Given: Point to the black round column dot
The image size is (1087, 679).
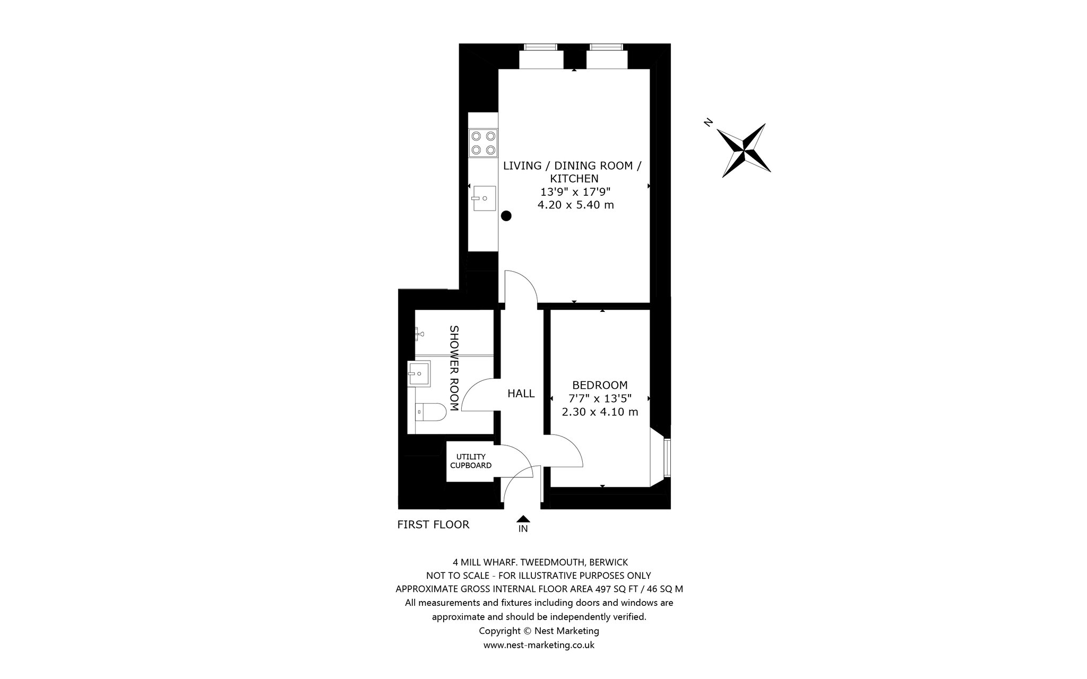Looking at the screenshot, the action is (506, 215).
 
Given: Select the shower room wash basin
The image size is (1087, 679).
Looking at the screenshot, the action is (420, 374).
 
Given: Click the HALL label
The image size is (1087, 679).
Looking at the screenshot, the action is (521, 394).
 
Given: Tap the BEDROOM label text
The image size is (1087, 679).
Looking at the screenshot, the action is (600, 385).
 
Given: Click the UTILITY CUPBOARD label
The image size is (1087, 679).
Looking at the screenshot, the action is (471, 461).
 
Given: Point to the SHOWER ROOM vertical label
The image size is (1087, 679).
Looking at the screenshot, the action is (454, 368).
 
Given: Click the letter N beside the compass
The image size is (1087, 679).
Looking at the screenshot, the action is (708, 123).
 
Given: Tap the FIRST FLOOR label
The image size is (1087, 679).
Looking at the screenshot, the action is (433, 525).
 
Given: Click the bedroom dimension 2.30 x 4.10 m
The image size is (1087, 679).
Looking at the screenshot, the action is (600, 412).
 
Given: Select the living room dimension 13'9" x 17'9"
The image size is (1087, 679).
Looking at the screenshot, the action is (575, 191).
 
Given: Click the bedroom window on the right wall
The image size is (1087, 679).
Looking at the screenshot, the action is (667, 457).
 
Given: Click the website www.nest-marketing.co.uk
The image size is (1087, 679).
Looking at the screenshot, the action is (539, 645).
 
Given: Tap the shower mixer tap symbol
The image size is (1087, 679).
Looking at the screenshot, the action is (419, 334).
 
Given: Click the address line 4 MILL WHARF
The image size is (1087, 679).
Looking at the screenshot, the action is (539, 561).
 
